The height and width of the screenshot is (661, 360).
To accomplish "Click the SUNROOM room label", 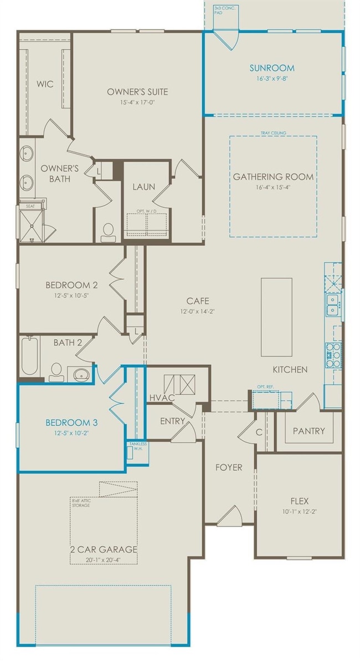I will coord(271,68).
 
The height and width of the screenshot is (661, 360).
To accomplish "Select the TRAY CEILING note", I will coord(273,133).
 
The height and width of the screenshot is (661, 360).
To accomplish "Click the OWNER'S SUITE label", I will coord(137,92).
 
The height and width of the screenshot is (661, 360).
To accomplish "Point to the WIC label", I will coord(45,84).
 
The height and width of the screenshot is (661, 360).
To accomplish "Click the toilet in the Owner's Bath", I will coord(108,231).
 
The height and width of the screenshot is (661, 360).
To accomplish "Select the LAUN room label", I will coord(143,187).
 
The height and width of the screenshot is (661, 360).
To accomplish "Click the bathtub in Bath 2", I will coord(29,357).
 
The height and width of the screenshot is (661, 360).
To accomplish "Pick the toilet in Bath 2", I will coord(56,371).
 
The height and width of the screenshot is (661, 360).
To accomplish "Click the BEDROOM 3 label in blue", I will coord(71,423).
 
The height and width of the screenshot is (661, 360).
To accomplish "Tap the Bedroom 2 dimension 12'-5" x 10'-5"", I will coord(71,296).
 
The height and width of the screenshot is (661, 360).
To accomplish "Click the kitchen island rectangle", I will coord(276,317).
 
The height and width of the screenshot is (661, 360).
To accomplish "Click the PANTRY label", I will coord(308,431).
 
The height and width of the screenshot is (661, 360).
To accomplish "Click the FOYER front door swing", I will coord(229,517).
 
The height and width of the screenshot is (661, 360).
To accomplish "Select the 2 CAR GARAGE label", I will coord(104,549).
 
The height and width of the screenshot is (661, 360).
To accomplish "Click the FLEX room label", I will coord(299,501).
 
